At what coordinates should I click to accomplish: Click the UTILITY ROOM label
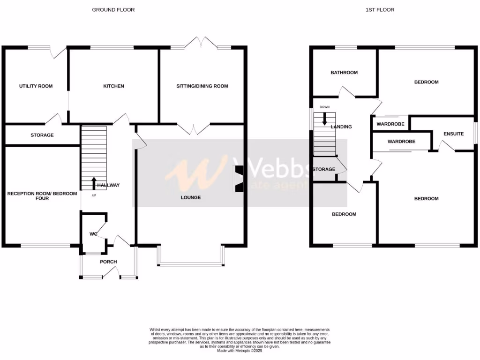click(36, 86)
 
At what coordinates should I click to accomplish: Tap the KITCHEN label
click(114, 86)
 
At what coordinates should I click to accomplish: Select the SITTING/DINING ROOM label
click(202, 86)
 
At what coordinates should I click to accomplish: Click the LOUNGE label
click(191, 198)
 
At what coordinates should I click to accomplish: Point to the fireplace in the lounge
click(240, 179)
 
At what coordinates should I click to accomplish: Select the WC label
click(93, 234)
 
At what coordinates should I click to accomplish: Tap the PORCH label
click(108, 262)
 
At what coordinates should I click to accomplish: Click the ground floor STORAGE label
click(42, 135)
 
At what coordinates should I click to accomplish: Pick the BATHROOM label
click(344, 73)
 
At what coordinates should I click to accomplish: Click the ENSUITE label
click(453, 134)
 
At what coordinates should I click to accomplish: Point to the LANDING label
click(341, 127)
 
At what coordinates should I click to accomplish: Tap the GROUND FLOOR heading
click(113, 10)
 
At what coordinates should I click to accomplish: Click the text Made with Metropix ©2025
click(240, 351)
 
